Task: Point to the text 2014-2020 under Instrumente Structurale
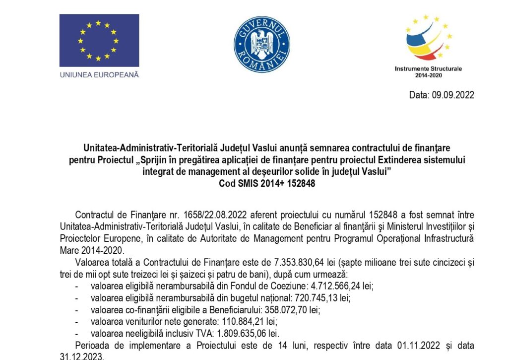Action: (x=428, y=75)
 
